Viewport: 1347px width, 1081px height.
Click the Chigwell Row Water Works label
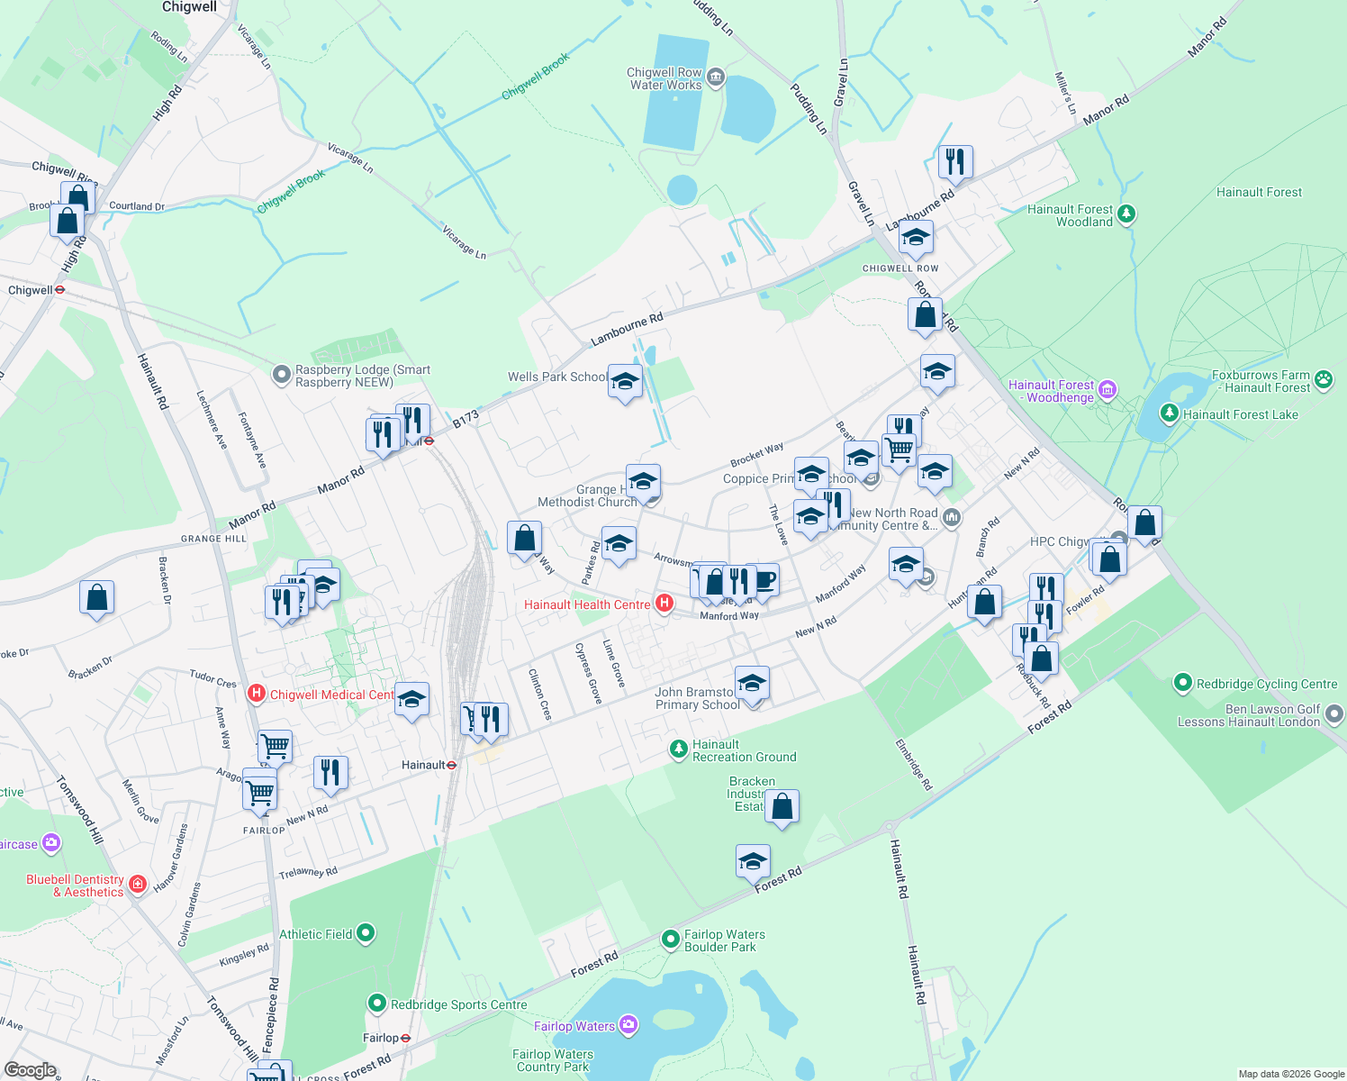(665, 78)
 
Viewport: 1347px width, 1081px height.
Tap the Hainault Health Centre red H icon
(664, 604)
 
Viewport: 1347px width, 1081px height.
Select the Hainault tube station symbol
(452, 765)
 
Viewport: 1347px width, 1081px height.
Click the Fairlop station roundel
(406, 1038)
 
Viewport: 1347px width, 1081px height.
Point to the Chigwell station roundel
(60, 290)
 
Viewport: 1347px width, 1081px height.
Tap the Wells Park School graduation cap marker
(625, 383)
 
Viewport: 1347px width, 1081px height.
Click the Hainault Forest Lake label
(1240, 414)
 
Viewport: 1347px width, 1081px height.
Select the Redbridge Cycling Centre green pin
(1183, 684)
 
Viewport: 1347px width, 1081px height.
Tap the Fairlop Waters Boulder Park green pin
(671, 940)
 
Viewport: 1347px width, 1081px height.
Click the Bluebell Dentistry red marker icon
(138, 885)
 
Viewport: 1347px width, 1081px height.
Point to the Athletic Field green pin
(366, 933)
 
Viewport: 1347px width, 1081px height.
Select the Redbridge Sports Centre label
(458, 1004)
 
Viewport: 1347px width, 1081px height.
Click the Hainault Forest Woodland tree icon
(1126, 214)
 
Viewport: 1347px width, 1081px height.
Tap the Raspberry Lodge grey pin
(282, 373)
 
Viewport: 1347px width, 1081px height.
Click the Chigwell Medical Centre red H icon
(257, 694)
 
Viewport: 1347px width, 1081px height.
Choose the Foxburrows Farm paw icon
(1324, 380)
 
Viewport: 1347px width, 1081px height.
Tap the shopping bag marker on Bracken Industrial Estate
(782, 807)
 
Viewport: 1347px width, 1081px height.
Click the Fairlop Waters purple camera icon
(628, 1024)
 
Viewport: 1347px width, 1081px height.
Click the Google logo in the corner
(30, 1070)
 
